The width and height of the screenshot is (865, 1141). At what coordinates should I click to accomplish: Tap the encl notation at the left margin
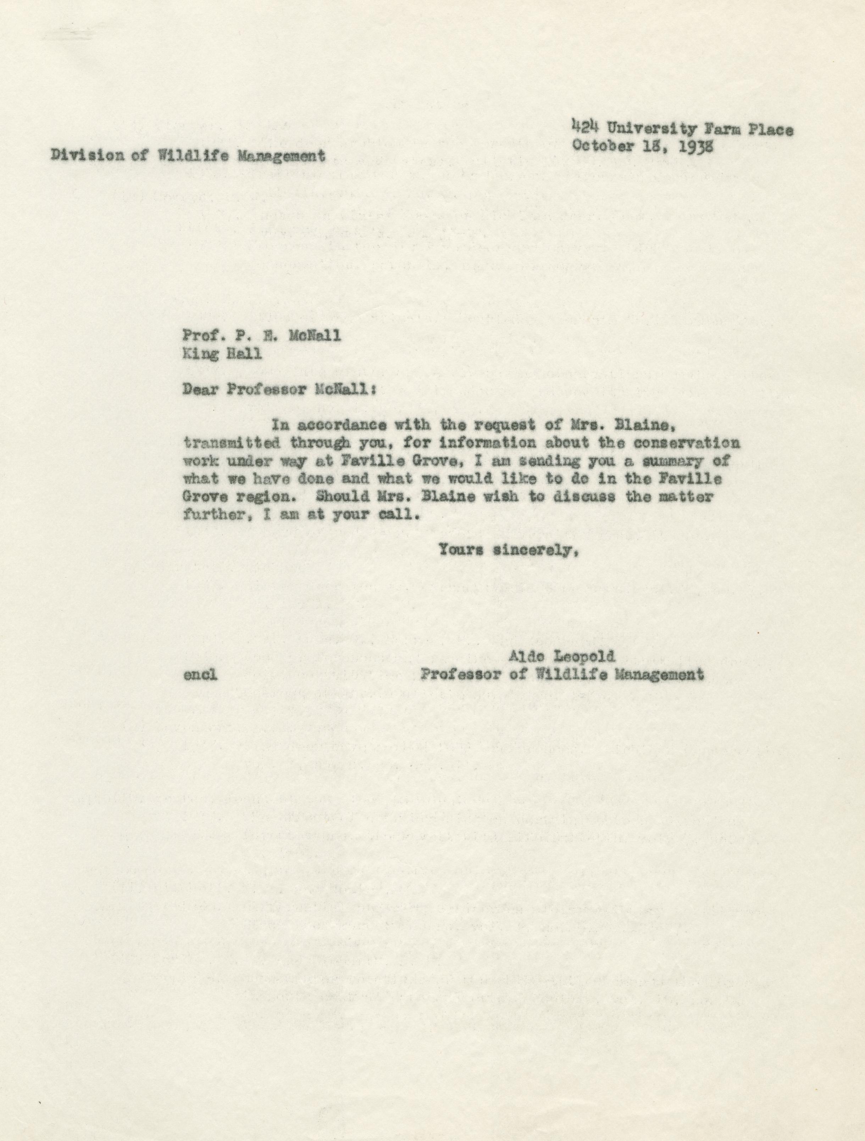tap(200, 675)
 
